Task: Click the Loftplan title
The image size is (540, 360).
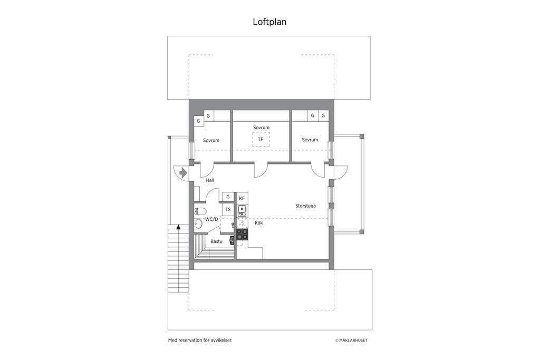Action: [x=269, y=22]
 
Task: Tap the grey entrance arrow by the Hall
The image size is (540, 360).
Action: [x=183, y=172]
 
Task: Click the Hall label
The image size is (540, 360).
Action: [x=210, y=180]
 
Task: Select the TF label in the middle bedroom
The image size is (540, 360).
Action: [x=261, y=139]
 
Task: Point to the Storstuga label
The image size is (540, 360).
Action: [x=305, y=206]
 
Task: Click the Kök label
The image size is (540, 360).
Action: [x=258, y=222]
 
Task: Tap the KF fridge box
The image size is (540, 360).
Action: [x=242, y=198]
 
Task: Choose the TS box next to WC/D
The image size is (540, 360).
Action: [x=228, y=209]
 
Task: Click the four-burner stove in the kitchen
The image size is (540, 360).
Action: [x=242, y=235]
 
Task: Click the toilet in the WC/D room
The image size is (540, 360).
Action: [x=200, y=211]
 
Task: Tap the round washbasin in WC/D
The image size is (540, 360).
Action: [x=198, y=223]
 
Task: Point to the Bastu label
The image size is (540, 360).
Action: [x=217, y=241]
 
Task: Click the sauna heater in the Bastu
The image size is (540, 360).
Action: [x=232, y=240]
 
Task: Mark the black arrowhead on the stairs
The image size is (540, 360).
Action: [x=178, y=227]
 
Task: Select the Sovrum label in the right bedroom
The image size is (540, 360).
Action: [x=310, y=140]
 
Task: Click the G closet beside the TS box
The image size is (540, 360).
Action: [x=228, y=197]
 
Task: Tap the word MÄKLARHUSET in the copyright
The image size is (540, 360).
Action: [x=353, y=340]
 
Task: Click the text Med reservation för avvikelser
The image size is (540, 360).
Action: [x=200, y=340]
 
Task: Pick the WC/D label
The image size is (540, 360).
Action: [x=211, y=219]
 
